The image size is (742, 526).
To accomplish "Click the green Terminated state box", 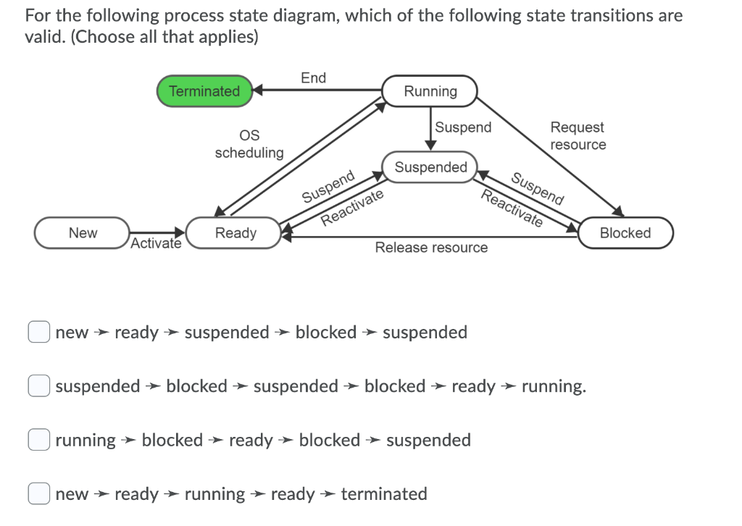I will point(204,91).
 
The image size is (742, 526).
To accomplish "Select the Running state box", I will point(430,91).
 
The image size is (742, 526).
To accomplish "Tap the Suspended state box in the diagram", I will point(430,167).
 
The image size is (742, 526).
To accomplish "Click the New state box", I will point(83,233).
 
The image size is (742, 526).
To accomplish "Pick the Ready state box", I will point(235,233).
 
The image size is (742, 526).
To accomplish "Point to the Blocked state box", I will point(625,233).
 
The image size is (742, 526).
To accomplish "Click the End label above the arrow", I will point(313,78).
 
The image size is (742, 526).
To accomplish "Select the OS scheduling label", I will point(249,144).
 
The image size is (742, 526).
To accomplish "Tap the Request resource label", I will point(578,135).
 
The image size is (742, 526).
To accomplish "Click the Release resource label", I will point(431,248).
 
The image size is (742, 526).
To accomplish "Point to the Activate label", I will point(156,243).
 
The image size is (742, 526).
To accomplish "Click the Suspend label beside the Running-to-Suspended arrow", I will point(463,128).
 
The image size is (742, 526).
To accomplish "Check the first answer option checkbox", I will point(38,332).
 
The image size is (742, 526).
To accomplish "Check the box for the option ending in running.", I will point(38,386).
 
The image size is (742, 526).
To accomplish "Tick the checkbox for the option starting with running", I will point(38,440).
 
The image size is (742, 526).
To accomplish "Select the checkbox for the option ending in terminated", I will point(38,494).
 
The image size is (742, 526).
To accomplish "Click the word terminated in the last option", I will point(383,494).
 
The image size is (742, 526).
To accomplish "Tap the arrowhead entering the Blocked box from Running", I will point(618,212).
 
